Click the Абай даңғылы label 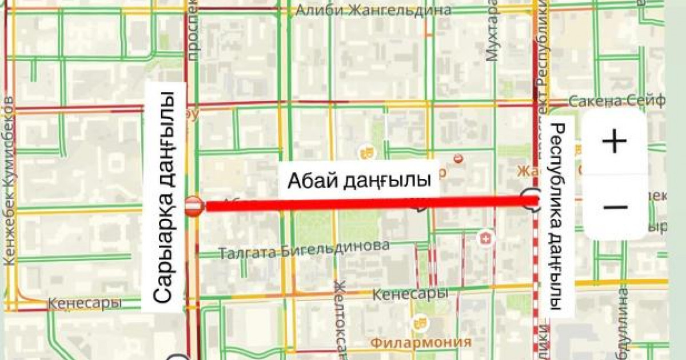(358, 181)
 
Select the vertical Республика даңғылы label (558, 216)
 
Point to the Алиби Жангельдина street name (373, 10)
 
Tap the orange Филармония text (421, 342)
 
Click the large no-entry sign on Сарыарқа (193, 206)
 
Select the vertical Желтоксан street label (341, 320)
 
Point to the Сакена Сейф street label (616, 102)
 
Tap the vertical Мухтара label (492, 31)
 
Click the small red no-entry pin (457, 158)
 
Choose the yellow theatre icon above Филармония (421, 323)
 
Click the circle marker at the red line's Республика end (530, 199)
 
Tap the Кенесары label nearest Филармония (409, 294)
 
